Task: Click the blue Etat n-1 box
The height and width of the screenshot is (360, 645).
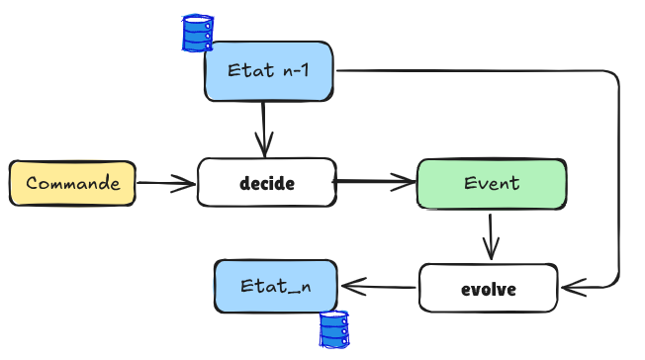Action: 268,71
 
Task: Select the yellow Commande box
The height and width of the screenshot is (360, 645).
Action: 72,183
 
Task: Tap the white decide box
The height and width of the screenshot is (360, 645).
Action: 267,183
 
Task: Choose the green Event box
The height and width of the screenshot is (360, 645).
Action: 491,183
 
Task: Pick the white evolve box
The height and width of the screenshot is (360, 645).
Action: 489,289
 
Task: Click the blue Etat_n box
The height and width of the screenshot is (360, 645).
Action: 275,285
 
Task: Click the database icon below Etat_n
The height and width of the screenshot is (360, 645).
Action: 333,328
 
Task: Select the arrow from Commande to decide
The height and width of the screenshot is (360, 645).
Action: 166,183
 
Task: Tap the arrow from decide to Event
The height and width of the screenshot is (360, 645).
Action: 376,182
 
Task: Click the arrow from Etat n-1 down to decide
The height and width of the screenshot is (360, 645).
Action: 264,127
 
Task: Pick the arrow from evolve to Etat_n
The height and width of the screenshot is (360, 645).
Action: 378,287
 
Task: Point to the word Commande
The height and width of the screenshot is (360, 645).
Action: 72,183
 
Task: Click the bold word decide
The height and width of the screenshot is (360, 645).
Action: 267,183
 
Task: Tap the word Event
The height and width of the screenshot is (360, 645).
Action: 491,183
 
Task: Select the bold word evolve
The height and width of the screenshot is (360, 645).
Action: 489,290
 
